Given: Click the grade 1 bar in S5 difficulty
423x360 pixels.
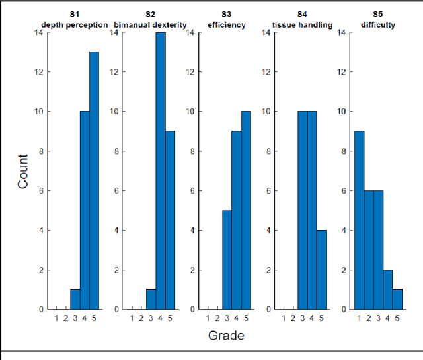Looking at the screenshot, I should (x=360, y=220).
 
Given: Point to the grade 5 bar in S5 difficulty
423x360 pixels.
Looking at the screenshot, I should (x=397, y=299).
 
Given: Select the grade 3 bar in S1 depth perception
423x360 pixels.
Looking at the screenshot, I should (x=75, y=299).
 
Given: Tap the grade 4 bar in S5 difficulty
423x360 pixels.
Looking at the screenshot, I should (x=388, y=289).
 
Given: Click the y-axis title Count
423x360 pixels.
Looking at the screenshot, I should (x=23, y=171).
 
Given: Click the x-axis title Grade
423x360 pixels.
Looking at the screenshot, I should (x=226, y=336).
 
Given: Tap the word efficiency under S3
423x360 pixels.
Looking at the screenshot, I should (x=227, y=25).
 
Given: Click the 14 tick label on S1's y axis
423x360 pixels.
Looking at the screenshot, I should (x=40, y=32).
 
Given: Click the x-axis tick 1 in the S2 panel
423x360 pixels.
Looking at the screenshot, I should (x=132, y=318).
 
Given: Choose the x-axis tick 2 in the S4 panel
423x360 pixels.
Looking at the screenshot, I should (x=293, y=318).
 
